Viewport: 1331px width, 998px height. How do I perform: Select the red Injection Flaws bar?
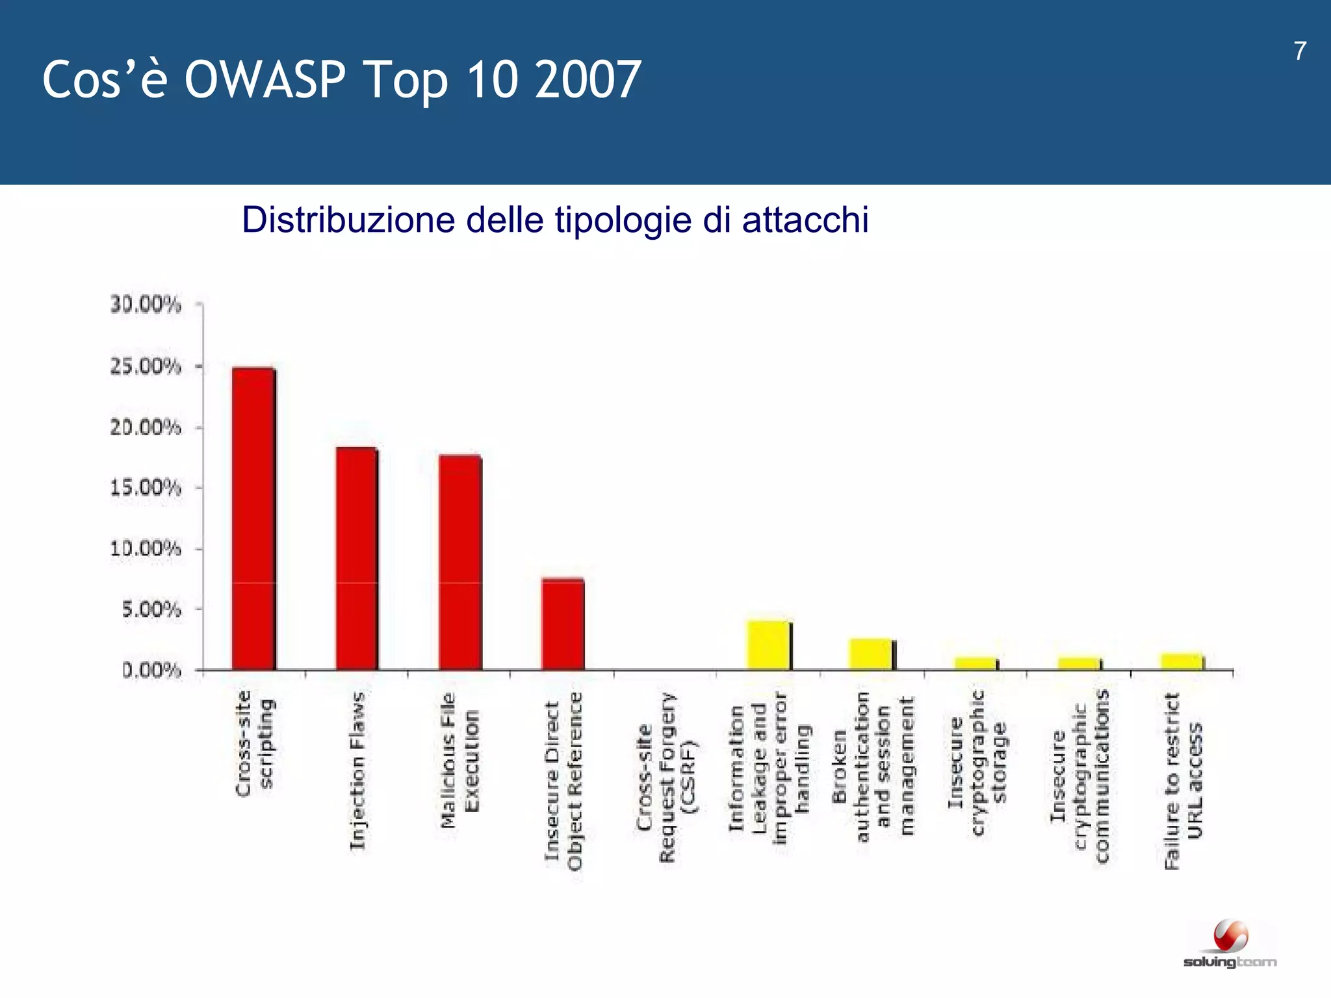point(357,559)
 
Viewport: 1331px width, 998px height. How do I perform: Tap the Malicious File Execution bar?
point(460,562)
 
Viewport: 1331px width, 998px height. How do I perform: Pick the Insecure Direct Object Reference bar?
point(563,624)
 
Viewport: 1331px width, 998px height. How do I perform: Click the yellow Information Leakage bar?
point(768,645)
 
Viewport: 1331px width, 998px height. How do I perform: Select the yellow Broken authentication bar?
point(871,654)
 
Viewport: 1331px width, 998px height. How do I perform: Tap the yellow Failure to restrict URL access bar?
point(1182,661)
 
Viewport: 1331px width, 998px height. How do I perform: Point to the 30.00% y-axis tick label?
point(146,304)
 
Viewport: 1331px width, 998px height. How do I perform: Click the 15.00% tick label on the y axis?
point(146,487)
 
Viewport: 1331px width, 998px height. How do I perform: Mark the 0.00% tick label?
point(151,670)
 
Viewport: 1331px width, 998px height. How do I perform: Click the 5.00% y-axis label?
point(151,609)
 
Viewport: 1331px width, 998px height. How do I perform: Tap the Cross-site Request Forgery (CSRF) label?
point(665,776)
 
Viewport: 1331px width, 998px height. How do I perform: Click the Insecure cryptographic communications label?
point(1080,776)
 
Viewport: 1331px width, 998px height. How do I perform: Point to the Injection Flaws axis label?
point(357,770)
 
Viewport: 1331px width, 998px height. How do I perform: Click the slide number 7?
point(1300,51)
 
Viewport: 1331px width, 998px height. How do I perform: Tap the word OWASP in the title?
point(265,79)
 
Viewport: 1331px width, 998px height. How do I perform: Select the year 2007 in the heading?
point(588,79)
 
